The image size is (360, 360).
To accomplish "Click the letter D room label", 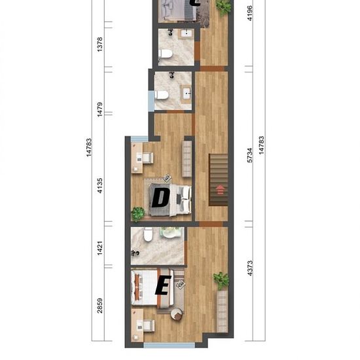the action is click(161, 197).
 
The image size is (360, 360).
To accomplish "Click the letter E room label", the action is click(163, 285).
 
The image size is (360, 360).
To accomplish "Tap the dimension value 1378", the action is click(100, 45).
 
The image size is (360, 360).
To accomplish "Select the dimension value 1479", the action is click(100, 109).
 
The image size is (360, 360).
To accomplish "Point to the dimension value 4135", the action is click(100, 186).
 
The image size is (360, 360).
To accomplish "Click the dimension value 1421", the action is click(100, 248).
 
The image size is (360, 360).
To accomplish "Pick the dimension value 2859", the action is click(100, 306).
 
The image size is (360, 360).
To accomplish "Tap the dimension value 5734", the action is click(250, 155).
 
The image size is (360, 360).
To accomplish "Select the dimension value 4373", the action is click(250, 268).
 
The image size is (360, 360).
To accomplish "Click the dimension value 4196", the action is click(250, 13).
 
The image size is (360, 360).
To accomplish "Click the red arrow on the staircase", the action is click(220, 190).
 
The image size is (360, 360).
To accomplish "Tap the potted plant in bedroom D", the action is click(137, 214).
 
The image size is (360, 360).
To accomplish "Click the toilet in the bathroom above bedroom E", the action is click(148, 234).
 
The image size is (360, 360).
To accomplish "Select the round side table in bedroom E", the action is click(177, 314).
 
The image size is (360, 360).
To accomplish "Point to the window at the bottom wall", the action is click(170, 346).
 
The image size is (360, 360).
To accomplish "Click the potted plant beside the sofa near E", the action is click(221, 281).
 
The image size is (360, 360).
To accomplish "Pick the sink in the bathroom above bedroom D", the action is click(187, 94).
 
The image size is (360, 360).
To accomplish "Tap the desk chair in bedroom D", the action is click(147, 158).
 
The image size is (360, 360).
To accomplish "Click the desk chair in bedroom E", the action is click(148, 325).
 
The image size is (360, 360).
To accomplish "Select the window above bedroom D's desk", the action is click(139, 139).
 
